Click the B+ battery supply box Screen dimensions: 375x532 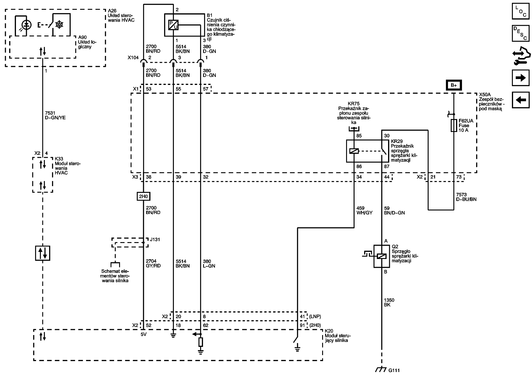(x=454, y=86)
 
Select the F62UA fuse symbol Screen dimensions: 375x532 (x=454, y=125)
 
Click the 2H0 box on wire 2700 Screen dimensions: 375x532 (x=144, y=196)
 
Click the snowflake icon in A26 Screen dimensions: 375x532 (x=60, y=25)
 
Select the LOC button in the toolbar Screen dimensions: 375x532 (x=521, y=11)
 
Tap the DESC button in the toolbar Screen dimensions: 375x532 (x=521, y=33)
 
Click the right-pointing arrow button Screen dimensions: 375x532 (x=521, y=78)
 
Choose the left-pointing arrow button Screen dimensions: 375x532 (x=521, y=100)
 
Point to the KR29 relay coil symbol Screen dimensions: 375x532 (x=354, y=151)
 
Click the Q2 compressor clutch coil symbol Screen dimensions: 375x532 (x=382, y=256)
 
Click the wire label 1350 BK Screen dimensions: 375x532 (x=389, y=302)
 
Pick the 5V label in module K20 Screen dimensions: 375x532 (x=144, y=334)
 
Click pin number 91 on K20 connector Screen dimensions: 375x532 (x=302, y=325)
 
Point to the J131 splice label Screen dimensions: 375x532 (x=155, y=239)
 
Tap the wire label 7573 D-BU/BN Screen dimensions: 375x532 (x=466, y=197)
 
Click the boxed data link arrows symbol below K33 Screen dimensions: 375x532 (x=43, y=253)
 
